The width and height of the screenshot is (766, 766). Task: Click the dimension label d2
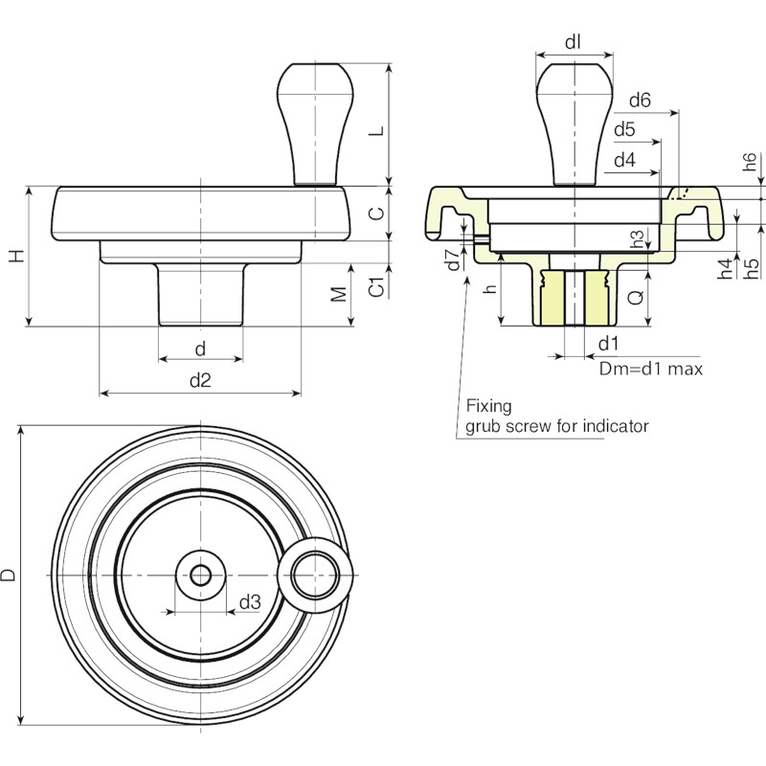(x=200, y=379)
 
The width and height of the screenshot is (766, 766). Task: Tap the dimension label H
(x=17, y=256)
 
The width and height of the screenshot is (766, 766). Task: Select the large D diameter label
(x=8, y=575)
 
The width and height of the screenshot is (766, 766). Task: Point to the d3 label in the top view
(x=250, y=602)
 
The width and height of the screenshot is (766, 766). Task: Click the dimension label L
(x=376, y=131)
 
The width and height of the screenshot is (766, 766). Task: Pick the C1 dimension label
(x=376, y=286)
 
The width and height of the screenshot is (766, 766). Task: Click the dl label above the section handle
(x=573, y=42)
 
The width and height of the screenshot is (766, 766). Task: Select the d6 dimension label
(x=640, y=101)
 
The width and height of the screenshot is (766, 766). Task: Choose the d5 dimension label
(x=625, y=129)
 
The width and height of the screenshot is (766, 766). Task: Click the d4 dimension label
(x=625, y=160)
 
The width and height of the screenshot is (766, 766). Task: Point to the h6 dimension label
(x=750, y=162)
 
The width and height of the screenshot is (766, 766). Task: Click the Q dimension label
(x=636, y=297)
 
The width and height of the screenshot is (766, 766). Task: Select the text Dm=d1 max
(x=651, y=369)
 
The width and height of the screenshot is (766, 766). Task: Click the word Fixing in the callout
(x=489, y=406)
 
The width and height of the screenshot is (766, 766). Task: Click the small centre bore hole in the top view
(x=200, y=575)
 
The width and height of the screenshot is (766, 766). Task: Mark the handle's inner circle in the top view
(x=316, y=575)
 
